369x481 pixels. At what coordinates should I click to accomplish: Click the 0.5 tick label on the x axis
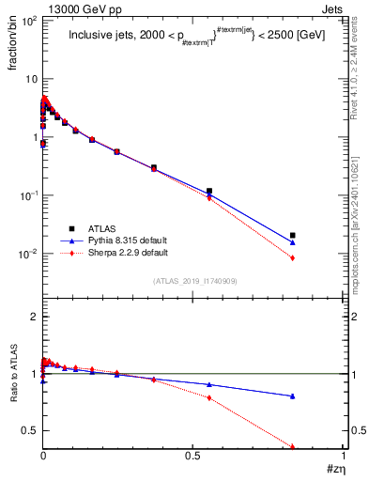(192, 455)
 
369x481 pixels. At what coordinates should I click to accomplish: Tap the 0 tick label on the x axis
(43, 455)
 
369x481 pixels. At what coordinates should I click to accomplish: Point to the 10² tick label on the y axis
(29, 20)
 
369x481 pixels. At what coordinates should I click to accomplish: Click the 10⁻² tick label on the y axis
(29, 254)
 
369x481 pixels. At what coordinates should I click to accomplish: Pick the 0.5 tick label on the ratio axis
(31, 430)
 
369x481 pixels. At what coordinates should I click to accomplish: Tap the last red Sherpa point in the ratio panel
(293, 446)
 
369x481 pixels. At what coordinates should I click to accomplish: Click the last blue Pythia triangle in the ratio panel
(293, 396)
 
